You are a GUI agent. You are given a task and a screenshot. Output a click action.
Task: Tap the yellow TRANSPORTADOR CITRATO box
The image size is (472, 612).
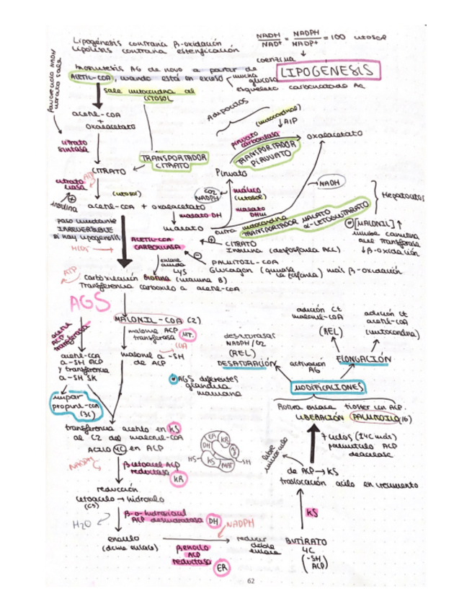pos(173,160)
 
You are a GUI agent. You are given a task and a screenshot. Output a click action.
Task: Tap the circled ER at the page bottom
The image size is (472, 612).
pos(224,570)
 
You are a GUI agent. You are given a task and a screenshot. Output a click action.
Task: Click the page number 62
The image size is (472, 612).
pos(251,580)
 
